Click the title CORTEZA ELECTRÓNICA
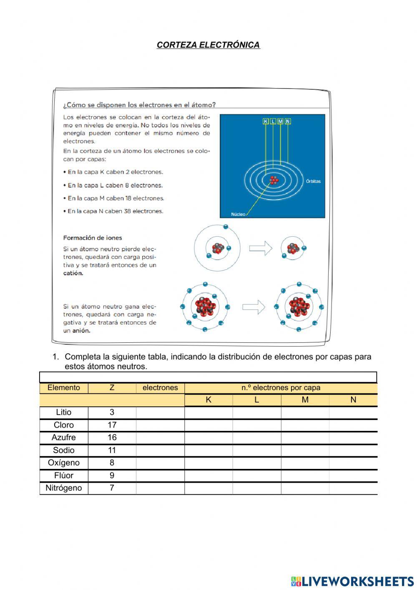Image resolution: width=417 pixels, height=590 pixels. tap(208, 45)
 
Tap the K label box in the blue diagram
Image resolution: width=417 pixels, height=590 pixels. tap(266, 121)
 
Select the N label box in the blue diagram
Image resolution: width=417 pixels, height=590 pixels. tap(288, 121)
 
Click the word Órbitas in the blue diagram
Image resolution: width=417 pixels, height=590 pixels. tap(313, 181)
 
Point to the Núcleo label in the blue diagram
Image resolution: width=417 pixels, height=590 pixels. tap(238, 214)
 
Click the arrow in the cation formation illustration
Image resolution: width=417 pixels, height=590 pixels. tap(260, 248)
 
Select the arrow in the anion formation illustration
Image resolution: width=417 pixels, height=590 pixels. tap(254, 307)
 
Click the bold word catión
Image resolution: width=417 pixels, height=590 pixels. tap(73, 273)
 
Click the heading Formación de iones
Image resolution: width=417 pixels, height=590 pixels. tap(93, 238)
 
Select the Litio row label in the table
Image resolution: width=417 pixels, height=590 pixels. tap(64, 413)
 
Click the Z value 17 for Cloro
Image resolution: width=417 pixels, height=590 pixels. tap(112, 425)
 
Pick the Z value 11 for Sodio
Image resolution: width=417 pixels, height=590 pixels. tap(112, 451)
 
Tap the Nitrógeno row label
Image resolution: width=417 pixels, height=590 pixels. tap(64, 488)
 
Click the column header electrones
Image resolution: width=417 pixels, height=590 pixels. tap(160, 388)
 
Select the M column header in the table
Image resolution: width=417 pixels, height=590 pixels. tap(305, 400)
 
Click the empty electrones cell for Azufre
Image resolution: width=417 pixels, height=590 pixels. tap(160, 438)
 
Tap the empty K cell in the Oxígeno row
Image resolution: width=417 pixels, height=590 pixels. tap(208, 463)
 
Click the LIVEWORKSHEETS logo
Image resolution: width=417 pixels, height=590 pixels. tap(352, 581)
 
